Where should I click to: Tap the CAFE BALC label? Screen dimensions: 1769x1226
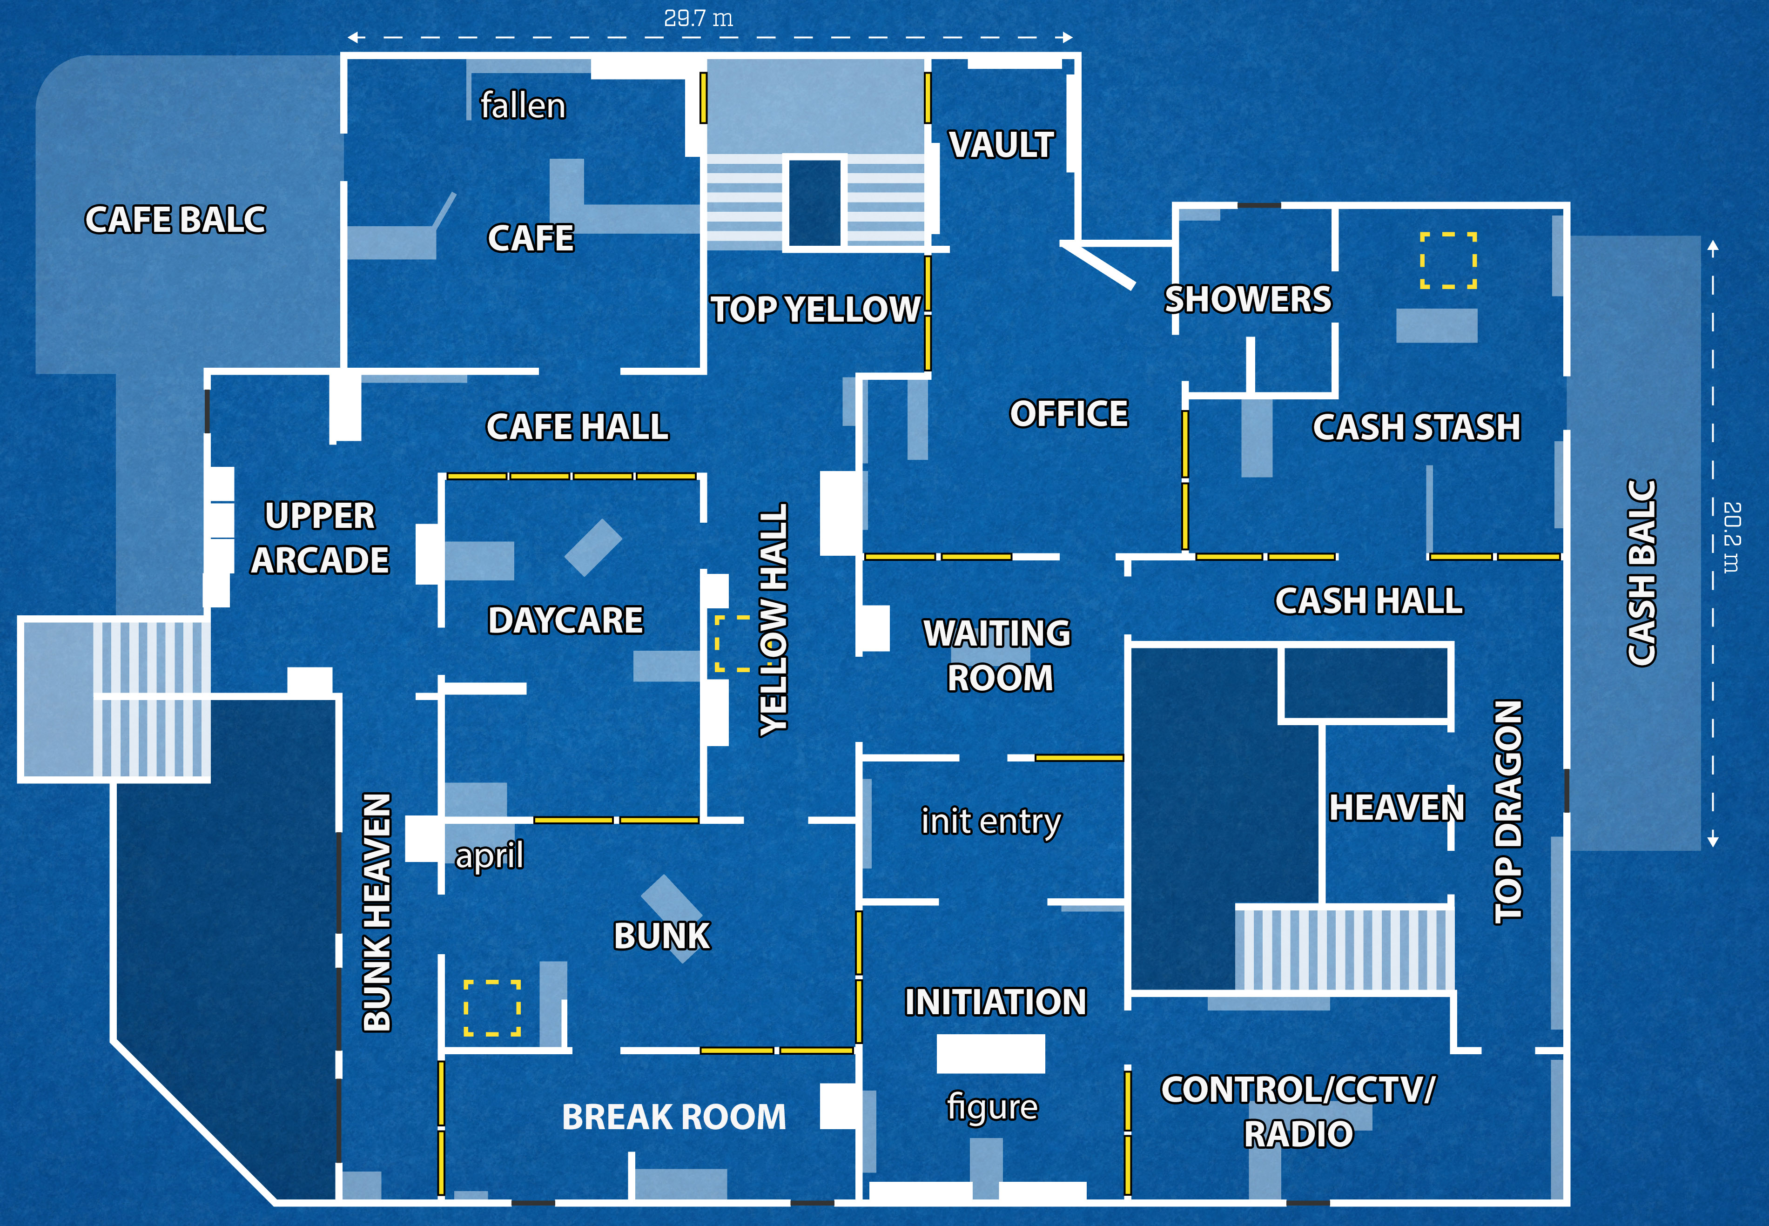[x=175, y=220]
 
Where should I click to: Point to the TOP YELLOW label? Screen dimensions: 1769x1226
[x=816, y=310]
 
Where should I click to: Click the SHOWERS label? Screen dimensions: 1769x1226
[x=1247, y=299]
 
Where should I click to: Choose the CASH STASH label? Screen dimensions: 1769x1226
[x=1416, y=427]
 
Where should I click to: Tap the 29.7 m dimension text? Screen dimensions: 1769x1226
[x=698, y=18]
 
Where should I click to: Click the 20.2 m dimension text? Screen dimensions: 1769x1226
[x=1731, y=537]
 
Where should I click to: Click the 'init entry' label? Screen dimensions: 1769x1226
[x=991, y=821]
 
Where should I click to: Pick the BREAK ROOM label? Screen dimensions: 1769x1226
[x=673, y=1117]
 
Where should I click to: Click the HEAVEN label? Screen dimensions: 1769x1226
[x=1397, y=808]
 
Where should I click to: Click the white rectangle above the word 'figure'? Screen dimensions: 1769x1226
[x=991, y=1054]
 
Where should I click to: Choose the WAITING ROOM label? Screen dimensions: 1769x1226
[x=998, y=655]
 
